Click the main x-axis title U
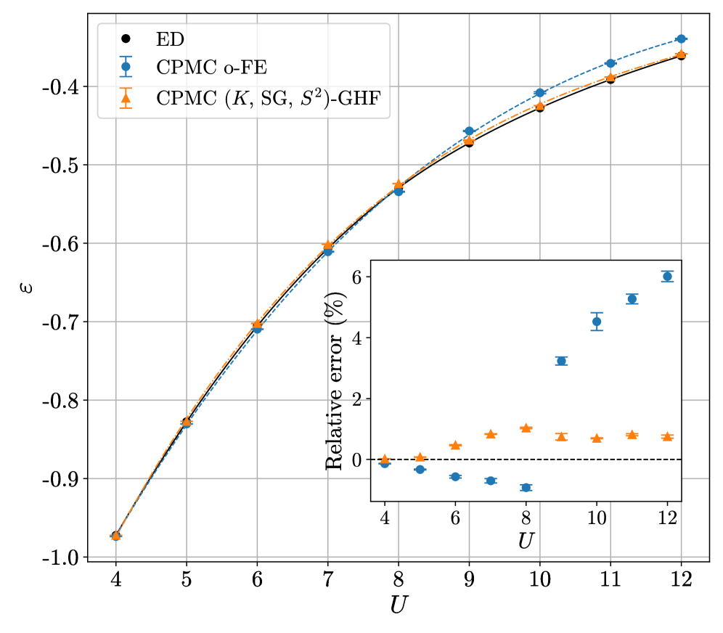pyautogui.click(x=397, y=605)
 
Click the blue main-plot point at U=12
pyautogui.click(x=681, y=38)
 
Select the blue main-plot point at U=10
pyautogui.click(x=540, y=93)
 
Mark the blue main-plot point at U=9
pyautogui.click(x=469, y=131)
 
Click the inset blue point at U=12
pyautogui.click(x=667, y=276)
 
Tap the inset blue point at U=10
pyautogui.click(x=597, y=322)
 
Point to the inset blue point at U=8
pyautogui.click(x=526, y=487)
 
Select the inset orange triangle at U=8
pyautogui.click(x=526, y=428)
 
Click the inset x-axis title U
pyautogui.click(x=526, y=541)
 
